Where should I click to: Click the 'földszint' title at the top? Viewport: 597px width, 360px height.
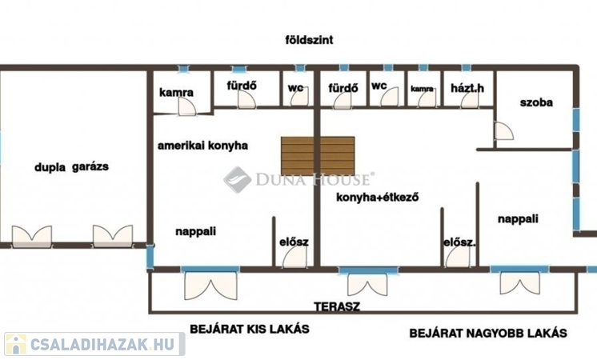click(309, 40)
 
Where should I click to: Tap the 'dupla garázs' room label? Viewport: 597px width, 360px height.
click(71, 166)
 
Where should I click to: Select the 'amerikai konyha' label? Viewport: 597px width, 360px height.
click(202, 146)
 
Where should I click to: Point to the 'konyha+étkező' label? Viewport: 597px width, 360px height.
click(377, 197)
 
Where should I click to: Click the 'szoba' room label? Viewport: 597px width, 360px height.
click(536, 102)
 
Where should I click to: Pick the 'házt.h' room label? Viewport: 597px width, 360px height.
click(467, 88)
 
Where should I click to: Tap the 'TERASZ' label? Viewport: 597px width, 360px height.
click(337, 306)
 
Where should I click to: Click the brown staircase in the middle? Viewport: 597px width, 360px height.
click(318, 156)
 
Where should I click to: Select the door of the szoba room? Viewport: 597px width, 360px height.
click(503, 131)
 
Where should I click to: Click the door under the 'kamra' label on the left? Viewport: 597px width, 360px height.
click(187, 106)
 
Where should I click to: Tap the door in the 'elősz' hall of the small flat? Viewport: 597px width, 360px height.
click(294, 257)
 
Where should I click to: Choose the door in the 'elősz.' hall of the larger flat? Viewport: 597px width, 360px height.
click(458, 257)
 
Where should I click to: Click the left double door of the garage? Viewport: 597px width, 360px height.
click(32, 236)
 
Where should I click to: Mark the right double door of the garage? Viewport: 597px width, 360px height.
click(113, 236)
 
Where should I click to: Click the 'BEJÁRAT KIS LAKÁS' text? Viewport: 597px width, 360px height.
click(250, 329)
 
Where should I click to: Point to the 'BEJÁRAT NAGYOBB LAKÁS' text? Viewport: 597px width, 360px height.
click(488, 334)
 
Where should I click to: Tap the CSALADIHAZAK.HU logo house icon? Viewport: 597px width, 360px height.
click(16, 344)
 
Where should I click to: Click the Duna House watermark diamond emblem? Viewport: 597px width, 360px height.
click(237, 180)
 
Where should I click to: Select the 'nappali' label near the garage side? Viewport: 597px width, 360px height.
click(196, 231)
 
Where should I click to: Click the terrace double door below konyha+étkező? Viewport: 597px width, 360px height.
click(367, 284)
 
